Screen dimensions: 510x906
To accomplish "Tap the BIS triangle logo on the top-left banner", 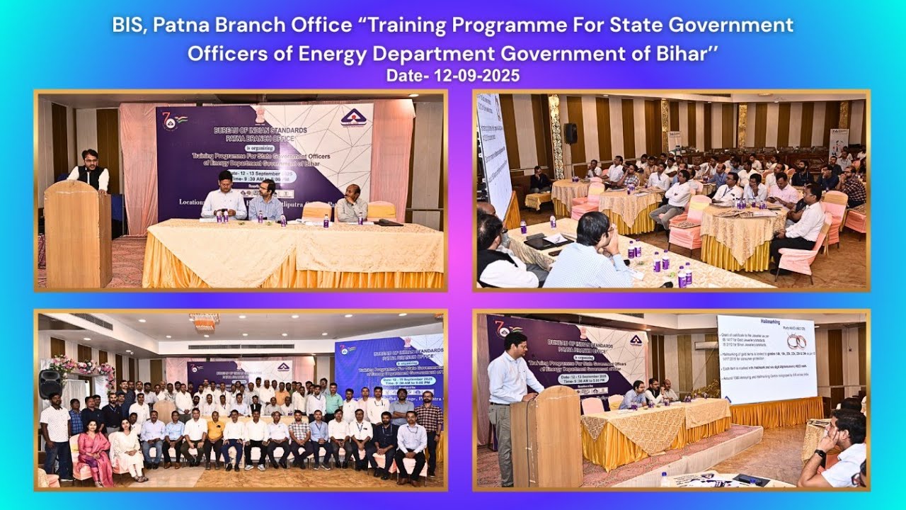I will [353, 117].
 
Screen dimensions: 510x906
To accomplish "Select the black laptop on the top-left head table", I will [389, 222].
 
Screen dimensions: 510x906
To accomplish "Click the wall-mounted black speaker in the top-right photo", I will [570, 133].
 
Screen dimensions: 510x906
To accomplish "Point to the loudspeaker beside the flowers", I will [50, 383].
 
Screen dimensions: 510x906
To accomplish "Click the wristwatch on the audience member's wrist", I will [819, 453].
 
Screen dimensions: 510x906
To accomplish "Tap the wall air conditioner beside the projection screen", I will [706, 345].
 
